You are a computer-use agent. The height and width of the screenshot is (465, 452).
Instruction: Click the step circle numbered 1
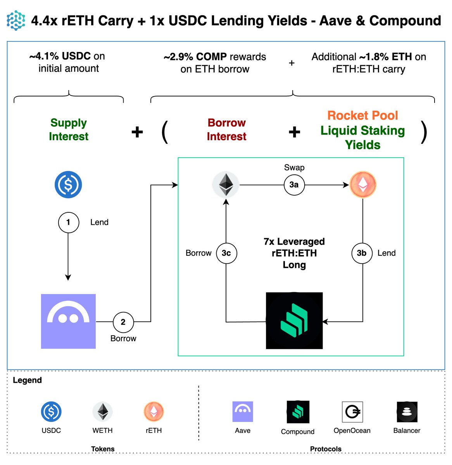(68, 222)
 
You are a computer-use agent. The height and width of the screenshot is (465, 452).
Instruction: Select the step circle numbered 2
(123, 322)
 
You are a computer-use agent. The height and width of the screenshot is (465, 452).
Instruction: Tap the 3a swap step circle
(294, 185)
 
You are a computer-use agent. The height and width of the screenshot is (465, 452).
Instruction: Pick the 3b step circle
(362, 253)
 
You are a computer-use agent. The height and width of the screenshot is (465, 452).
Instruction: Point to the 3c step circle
(226, 253)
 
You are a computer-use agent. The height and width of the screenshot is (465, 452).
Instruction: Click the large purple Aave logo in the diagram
(68, 321)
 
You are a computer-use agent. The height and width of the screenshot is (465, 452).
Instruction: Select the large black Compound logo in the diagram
(294, 320)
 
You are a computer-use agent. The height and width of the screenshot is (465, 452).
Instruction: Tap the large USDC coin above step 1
(68, 184)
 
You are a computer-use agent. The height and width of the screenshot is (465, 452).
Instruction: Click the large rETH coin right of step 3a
(362, 184)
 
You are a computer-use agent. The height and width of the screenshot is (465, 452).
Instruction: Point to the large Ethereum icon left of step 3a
(226, 184)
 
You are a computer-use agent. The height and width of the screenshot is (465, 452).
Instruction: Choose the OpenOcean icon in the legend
(352, 412)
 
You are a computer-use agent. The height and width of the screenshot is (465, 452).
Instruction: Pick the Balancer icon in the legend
(407, 412)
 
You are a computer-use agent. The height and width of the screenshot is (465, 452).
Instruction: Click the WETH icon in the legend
(103, 412)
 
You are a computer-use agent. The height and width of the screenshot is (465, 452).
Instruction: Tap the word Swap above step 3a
(294, 167)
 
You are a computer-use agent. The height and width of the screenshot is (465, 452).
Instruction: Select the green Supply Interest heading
(69, 129)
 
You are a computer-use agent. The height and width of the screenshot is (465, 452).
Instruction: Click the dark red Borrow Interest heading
(226, 129)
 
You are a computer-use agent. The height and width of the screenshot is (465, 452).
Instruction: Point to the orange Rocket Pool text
(362, 115)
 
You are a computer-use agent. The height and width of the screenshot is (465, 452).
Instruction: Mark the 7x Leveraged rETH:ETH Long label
(294, 253)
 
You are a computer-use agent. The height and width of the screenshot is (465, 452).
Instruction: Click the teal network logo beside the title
(16, 20)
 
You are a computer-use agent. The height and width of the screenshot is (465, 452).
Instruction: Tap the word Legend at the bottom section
(27, 380)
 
